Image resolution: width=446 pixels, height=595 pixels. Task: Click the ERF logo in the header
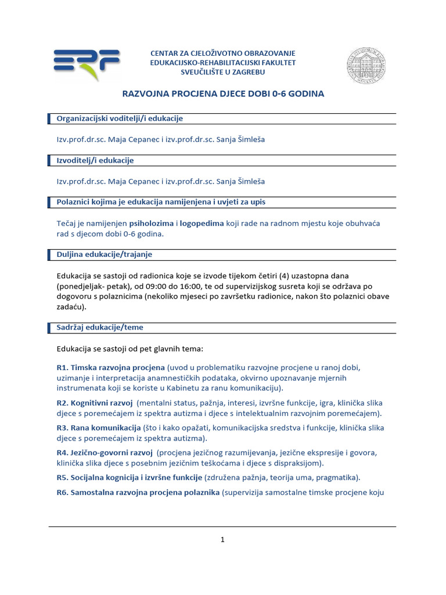pyautogui.click(x=87, y=63)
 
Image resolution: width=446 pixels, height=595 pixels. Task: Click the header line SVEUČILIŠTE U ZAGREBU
pyautogui.click(x=223, y=71)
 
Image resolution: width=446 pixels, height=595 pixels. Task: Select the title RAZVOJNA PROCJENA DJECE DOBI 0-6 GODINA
pyautogui.click(x=222, y=93)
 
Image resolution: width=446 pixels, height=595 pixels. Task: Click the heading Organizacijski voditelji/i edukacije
pyautogui.click(x=120, y=119)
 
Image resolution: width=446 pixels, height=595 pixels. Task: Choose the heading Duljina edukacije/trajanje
pyautogui.click(x=104, y=255)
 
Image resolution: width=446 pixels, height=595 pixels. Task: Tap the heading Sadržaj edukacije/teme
pyautogui.click(x=99, y=327)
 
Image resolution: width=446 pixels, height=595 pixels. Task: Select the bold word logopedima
pyautogui.click(x=202, y=223)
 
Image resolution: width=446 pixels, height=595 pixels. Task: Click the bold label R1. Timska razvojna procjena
pyautogui.click(x=110, y=368)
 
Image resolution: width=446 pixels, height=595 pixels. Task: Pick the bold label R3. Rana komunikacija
pyautogui.click(x=99, y=428)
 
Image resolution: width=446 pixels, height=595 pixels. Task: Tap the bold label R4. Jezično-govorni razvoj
pyautogui.click(x=105, y=453)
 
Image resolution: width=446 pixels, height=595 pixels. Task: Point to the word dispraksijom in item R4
pyautogui.click(x=296, y=463)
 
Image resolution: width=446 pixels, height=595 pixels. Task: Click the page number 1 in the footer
pyautogui.click(x=222, y=540)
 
